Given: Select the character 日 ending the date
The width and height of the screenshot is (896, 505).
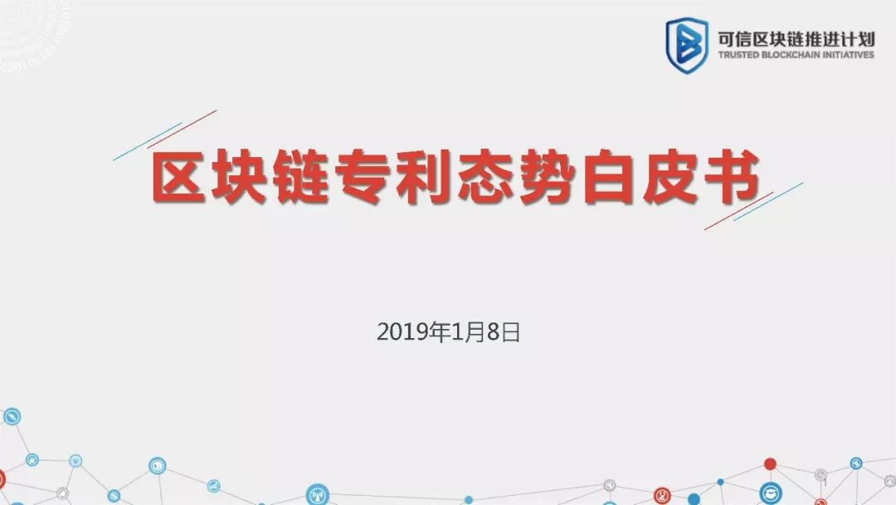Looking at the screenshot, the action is tap(510, 332).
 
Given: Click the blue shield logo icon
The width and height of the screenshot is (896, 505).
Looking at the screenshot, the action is tap(687, 45).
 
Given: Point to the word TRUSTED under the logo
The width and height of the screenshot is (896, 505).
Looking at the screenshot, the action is tap(738, 55).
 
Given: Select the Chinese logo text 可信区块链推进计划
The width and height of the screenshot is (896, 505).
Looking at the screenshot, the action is tap(796, 39).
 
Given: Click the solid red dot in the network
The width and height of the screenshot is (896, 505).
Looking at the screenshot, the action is tap(770, 463).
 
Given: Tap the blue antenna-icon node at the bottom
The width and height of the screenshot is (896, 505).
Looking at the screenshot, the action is tap(318, 495).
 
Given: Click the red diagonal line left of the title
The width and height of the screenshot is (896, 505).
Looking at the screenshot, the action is tap(183, 129).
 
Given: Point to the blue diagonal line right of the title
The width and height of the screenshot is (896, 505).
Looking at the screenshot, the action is tap(768, 201).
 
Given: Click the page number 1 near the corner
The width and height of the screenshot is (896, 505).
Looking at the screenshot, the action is tap(825, 484).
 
